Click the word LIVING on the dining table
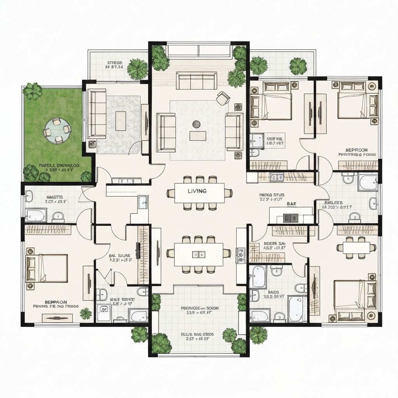[197, 191]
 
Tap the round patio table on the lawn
[57, 129]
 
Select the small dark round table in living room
[196, 124]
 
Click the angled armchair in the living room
[223, 98]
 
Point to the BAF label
[291, 203]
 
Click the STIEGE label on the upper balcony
[115, 62]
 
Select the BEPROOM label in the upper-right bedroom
[356, 150]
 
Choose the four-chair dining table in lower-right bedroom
[356, 248]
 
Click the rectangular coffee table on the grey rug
[120, 120]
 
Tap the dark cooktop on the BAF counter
[290, 218]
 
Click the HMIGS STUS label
[272, 195]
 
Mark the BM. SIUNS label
[119, 256]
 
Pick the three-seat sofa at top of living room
[197, 81]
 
